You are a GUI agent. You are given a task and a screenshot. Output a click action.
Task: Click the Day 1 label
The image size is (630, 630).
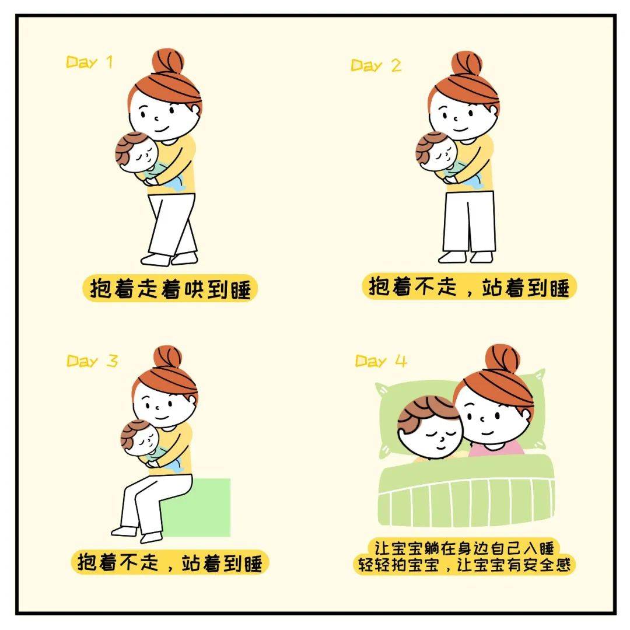click(89, 62)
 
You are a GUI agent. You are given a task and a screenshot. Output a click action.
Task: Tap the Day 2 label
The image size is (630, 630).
click(376, 65)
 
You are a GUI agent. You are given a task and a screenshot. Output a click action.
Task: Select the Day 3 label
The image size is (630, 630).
click(92, 361)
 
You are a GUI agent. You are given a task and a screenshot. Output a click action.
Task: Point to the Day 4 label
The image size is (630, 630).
click(381, 361)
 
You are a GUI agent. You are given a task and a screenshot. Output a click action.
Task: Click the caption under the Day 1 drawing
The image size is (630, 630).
click(170, 288)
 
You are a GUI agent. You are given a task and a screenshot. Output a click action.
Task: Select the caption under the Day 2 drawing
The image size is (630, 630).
click(469, 286)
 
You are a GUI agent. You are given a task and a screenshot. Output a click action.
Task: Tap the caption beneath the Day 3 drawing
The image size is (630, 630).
click(170, 562)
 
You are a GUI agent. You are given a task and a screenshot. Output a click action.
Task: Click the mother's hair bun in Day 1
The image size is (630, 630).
click(167, 61)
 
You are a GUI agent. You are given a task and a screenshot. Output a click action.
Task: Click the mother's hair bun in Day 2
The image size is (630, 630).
click(467, 64)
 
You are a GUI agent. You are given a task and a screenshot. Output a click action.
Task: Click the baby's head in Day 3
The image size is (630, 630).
click(140, 439)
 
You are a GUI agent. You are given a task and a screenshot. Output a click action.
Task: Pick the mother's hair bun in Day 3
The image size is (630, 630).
click(167, 357)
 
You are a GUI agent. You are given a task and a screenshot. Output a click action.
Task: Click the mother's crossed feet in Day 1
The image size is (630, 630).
click(169, 258)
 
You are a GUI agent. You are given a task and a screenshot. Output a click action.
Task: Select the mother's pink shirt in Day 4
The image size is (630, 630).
click(496, 448)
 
